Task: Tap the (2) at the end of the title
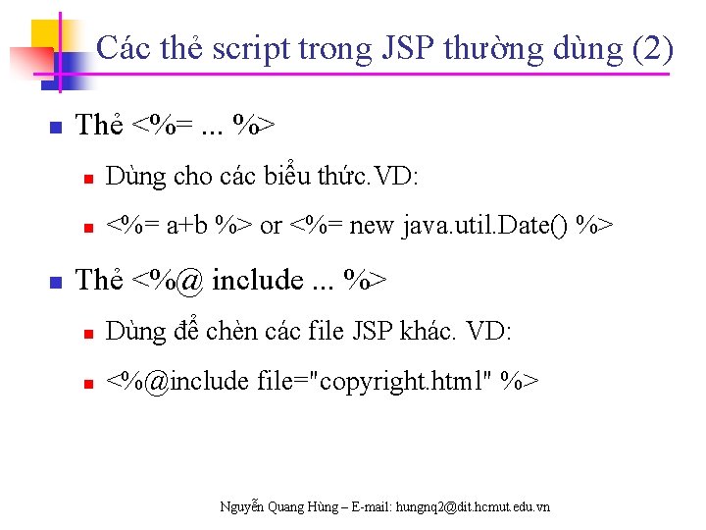(x=654, y=47)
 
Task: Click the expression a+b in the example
(x=186, y=227)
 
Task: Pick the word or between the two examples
(x=271, y=227)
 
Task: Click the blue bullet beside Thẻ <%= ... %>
(x=56, y=128)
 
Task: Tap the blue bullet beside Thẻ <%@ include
(x=56, y=283)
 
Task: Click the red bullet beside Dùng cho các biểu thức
(x=87, y=179)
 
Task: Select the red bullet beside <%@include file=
(x=87, y=383)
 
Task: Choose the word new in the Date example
(x=371, y=227)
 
